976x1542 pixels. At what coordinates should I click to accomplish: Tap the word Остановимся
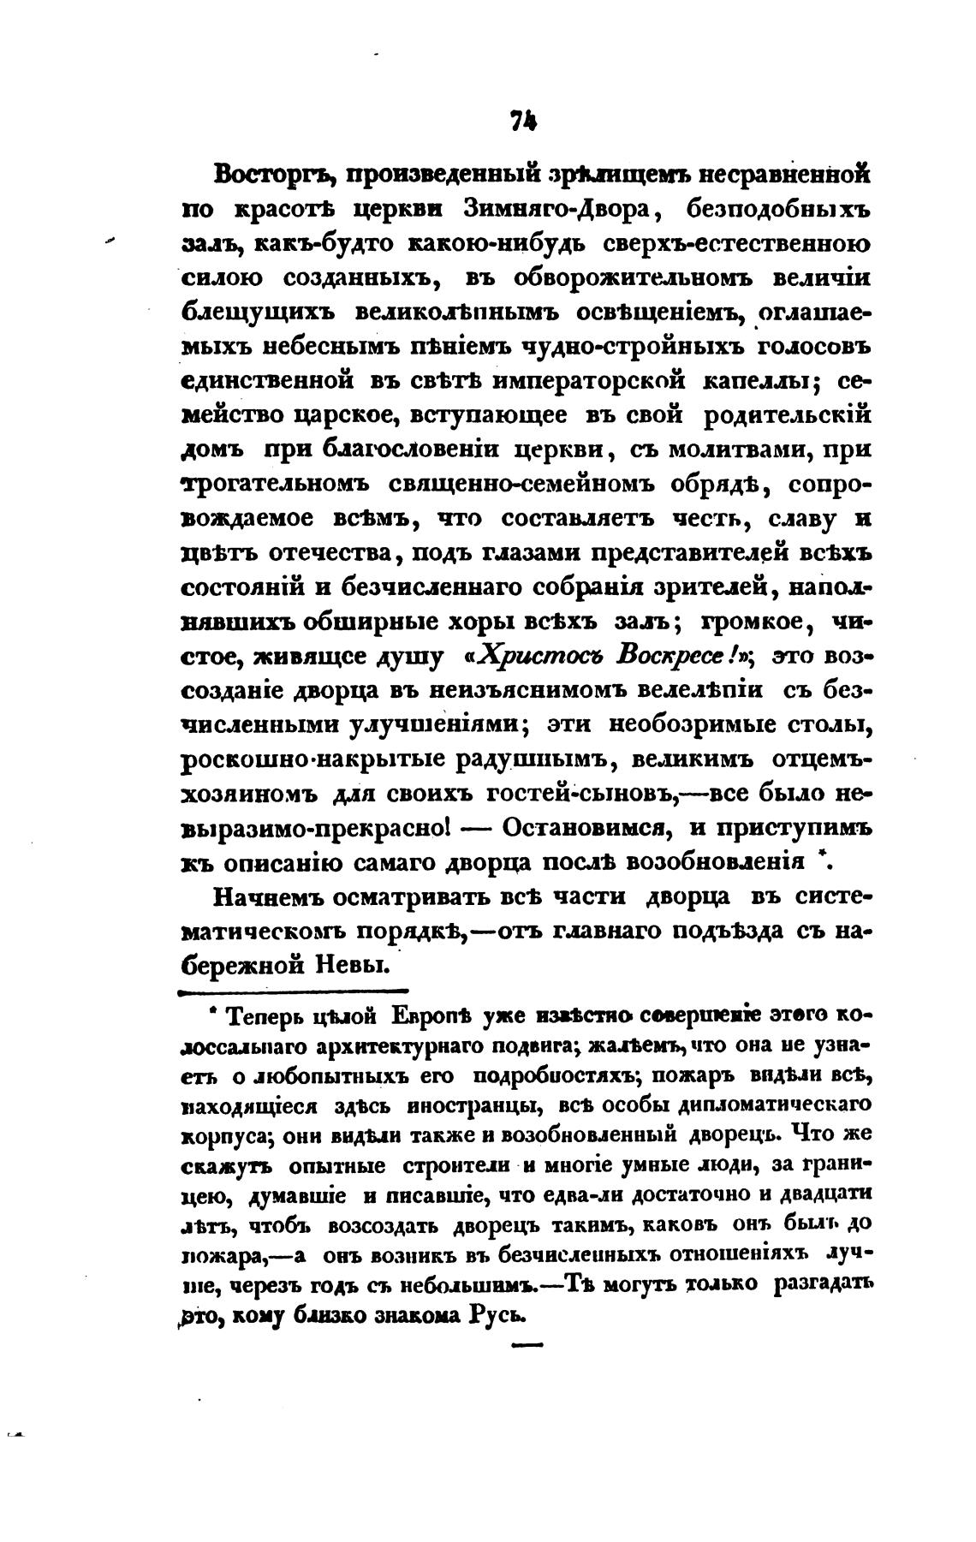(584, 827)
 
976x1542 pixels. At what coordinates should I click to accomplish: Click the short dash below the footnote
(526, 1347)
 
